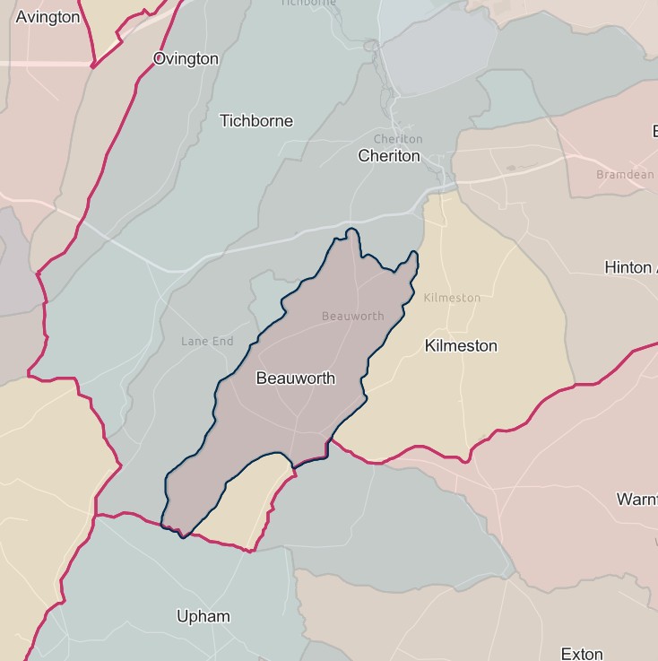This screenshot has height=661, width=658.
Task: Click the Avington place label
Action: point(48,17)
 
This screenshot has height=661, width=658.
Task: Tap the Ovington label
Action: point(186,59)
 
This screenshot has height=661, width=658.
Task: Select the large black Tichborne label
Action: point(256,121)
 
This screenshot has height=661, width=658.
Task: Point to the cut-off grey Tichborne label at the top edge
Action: point(308,3)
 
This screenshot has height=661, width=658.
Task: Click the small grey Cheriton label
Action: point(397,139)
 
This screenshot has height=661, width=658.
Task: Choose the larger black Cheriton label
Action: point(388,156)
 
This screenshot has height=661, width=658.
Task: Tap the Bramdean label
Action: point(625,175)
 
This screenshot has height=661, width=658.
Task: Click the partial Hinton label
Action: point(630,267)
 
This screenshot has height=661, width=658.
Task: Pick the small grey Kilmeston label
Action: point(452,298)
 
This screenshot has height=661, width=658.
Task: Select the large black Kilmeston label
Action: point(461,346)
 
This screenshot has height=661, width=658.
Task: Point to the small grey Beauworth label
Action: point(352,316)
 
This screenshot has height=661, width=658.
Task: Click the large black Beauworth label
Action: point(296,378)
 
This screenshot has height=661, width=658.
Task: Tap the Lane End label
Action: point(207,341)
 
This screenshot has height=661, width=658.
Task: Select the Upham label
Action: point(203,616)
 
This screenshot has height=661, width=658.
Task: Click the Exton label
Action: point(581,654)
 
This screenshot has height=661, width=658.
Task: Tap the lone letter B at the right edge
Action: point(654,132)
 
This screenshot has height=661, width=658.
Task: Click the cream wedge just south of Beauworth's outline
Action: point(247,502)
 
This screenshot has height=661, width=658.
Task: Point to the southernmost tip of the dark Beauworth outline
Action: point(182,537)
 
